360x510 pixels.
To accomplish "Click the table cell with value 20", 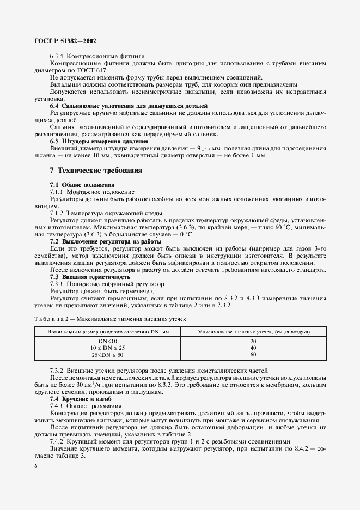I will [x=253, y=341].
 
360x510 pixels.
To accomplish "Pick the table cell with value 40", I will [x=253, y=347].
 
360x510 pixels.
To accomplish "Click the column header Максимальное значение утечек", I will [x=253, y=331].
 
